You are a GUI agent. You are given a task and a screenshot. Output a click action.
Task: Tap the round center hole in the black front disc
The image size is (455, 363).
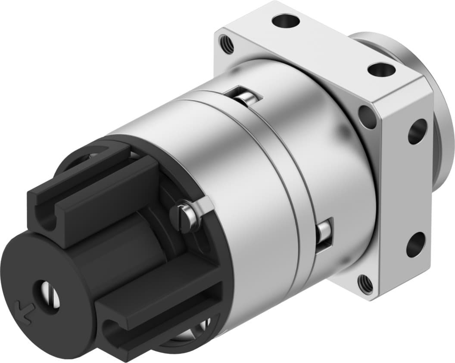coord(48,296)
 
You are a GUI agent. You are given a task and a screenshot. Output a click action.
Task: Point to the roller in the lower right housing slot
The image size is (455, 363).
coord(323,234)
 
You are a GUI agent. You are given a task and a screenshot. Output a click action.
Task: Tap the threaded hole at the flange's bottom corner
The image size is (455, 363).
coord(366,283)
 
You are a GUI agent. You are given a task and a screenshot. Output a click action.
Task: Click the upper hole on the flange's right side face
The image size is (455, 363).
coord(417,131)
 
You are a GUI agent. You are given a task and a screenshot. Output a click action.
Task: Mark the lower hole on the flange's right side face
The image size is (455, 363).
coord(416,245)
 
